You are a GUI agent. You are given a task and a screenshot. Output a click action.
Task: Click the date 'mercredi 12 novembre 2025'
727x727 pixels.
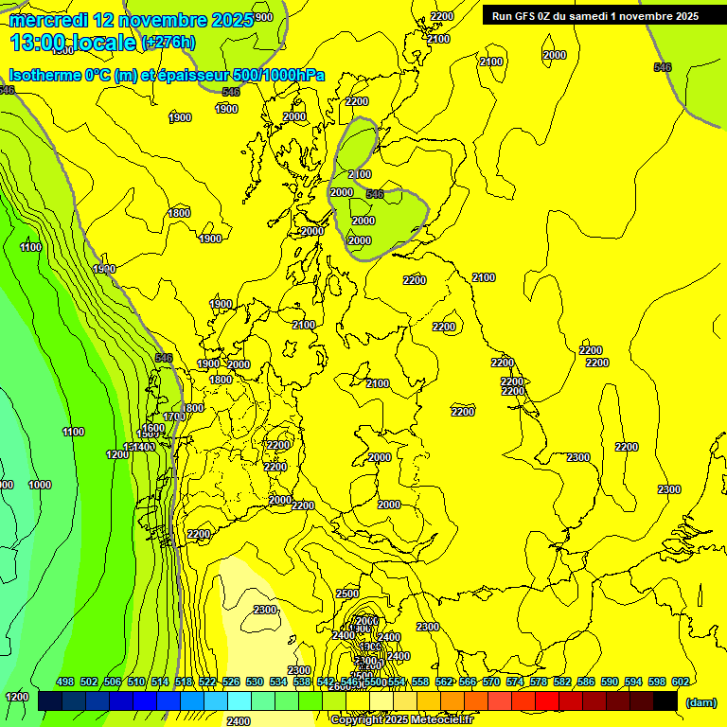pos(131,20)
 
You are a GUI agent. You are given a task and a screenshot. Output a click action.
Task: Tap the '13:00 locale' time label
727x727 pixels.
pos(73,43)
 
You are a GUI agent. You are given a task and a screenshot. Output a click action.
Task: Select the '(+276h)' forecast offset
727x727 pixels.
pos(168,43)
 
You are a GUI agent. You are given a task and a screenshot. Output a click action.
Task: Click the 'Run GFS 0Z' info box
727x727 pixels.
pos(592,15)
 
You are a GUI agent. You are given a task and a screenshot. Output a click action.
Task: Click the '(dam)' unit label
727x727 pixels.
pos(700,702)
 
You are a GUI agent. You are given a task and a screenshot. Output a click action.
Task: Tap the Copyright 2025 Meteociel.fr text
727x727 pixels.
pos(402,719)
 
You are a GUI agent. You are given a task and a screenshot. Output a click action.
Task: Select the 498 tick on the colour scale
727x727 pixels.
pos(65,682)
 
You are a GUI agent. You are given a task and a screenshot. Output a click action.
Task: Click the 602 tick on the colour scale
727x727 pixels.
pos(680,682)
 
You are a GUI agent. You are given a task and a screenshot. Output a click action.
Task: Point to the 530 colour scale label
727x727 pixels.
pos(255,682)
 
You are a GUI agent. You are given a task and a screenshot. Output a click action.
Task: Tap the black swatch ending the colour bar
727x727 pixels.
pos(665,701)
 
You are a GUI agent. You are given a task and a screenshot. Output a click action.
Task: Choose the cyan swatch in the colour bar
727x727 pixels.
pos(239,701)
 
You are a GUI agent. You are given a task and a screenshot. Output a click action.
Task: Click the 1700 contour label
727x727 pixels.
pos(174,417)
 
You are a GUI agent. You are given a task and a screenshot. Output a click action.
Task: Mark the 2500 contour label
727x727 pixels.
pos(347,594)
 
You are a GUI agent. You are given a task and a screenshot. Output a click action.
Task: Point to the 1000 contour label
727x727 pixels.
pos(40,485)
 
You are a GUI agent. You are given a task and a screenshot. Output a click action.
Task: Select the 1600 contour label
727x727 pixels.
pos(153,428)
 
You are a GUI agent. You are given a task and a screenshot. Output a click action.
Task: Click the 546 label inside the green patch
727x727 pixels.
pos(375,194)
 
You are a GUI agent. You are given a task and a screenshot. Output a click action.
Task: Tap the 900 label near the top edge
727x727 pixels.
pos(263,17)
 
